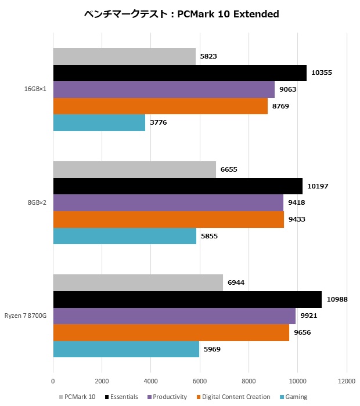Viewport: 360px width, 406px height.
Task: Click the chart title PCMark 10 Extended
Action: click(182, 14)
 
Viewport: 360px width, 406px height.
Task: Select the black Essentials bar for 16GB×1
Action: click(180, 73)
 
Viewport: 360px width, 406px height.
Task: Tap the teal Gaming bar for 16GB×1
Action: click(99, 123)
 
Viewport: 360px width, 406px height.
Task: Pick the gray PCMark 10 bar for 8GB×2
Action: click(135, 169)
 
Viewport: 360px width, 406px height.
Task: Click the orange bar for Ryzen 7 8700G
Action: click(171, 333)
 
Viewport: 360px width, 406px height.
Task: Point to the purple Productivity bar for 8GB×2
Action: click(168, 203)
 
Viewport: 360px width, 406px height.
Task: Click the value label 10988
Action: click(337, 299)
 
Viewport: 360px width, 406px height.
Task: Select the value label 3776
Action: click(159, 122)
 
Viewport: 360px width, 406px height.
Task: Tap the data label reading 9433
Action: click(297, 219)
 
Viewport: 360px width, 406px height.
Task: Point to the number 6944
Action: click(236, 282)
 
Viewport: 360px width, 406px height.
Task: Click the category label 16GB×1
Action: click(35, 89)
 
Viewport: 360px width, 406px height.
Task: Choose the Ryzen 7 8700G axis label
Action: click(26, 316)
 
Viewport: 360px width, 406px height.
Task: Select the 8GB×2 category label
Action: click(37, 202)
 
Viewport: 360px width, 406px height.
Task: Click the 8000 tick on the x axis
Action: click(249, 381)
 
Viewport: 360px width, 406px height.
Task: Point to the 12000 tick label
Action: click(347, 381)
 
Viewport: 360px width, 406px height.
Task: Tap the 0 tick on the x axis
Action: click(53, 381)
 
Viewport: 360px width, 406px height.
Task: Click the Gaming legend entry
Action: click(294, 397)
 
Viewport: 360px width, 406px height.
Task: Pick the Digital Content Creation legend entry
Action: click(233, 397)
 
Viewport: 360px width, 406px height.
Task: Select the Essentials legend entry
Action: click(121, 397)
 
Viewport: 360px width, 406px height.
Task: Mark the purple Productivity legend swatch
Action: click(149, 397)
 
